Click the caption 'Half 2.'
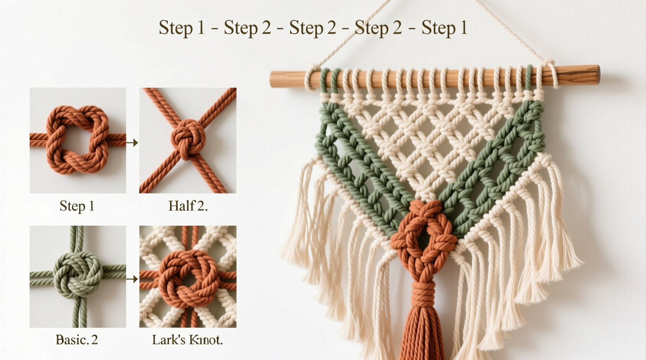188,206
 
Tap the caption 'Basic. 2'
77,340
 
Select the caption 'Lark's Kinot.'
187,340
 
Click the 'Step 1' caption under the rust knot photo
77,206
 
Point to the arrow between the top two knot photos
132,143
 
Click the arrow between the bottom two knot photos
132,279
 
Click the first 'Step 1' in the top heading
182,28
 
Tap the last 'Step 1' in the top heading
444,28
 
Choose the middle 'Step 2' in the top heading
313,28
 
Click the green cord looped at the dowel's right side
529,78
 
